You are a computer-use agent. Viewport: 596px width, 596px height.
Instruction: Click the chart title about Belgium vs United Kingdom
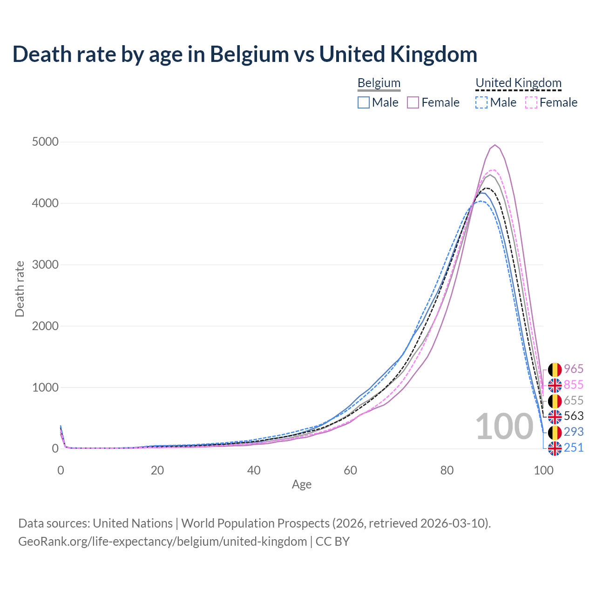245,54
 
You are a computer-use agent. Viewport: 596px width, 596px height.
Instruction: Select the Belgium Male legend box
364,102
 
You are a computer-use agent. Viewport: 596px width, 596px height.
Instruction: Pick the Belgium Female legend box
413,102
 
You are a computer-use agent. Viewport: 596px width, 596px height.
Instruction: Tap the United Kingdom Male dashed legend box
481,102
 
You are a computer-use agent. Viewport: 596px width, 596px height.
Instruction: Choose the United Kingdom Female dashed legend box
531,102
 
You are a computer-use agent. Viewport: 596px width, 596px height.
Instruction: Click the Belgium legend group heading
379,83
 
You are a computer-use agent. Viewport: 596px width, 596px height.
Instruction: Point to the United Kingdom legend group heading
518,83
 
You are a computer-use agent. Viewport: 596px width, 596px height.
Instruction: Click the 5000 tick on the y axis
45,142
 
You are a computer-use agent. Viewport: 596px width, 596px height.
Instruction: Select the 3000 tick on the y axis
45,264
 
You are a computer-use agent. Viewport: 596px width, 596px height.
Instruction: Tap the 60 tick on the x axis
350,470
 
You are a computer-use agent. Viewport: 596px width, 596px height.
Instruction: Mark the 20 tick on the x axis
157,470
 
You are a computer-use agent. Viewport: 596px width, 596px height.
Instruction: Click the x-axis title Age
302,484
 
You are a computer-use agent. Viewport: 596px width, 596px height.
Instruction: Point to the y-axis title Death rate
20,289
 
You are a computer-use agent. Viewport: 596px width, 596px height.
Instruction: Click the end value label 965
574,369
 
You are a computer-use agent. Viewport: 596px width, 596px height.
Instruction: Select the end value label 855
574,385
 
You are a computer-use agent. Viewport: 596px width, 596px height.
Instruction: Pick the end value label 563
574,416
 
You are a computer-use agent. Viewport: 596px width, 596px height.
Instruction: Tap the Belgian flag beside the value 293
555,432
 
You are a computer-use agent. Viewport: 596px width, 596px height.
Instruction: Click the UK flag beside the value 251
555,448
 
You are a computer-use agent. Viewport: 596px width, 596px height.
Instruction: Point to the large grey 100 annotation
504,427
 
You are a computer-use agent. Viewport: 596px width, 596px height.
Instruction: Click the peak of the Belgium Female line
495,145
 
